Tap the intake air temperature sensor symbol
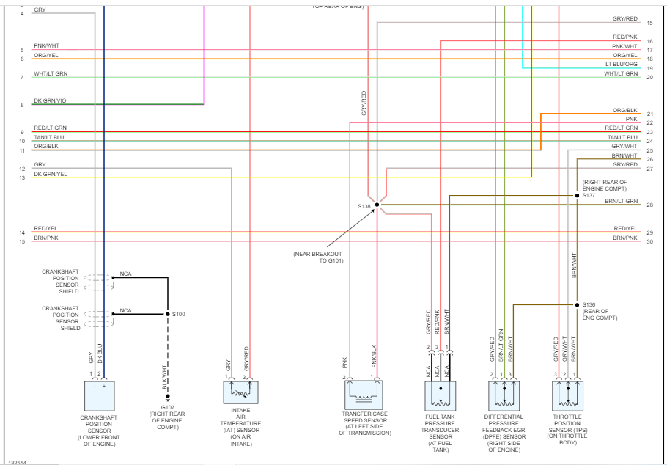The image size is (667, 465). click(x=240, y=392)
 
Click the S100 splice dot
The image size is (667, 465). click(x=168, y=314)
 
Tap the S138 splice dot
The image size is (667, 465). click(x=377, y=205)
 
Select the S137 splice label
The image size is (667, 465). click(x=589, y=195)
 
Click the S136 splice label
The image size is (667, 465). click(x=589, y=304)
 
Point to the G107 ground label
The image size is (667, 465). click(x=168, y=408)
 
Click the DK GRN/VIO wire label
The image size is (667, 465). click(x=51, y=100)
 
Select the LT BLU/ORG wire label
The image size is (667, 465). click(x=622, y=64)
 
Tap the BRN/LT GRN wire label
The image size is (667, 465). click(x=622, y=201)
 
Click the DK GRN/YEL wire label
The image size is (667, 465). click(x=51, y=174)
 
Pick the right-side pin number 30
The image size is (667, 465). click(x=649, y=241)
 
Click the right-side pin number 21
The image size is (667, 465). click(x=649, y=114)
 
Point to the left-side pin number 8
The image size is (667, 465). click(x=22, y=105)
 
